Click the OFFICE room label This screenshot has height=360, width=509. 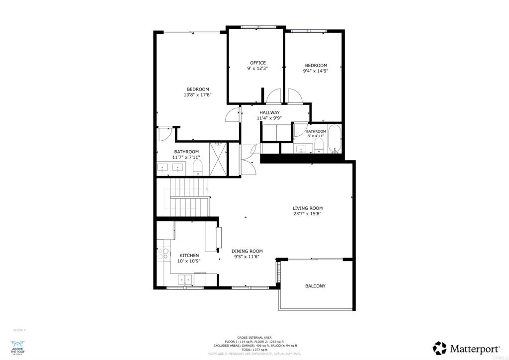point(257,63)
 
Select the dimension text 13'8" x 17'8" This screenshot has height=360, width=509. point(198,94)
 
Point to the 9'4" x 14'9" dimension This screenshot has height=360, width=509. point(316,71)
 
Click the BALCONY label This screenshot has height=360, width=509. point(315,286)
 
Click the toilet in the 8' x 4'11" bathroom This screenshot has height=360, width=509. point(319,146)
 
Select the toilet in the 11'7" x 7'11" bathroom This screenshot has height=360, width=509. point(197,167)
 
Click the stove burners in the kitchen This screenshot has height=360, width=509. point(163,254)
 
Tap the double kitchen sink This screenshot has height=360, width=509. point(184,280)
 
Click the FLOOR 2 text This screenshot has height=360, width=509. point(19,330)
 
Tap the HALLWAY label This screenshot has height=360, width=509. point(269,112)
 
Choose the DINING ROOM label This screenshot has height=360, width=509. point(247,251)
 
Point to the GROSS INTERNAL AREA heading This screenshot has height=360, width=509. point(254,337)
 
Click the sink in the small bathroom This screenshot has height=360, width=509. point(302,148)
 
